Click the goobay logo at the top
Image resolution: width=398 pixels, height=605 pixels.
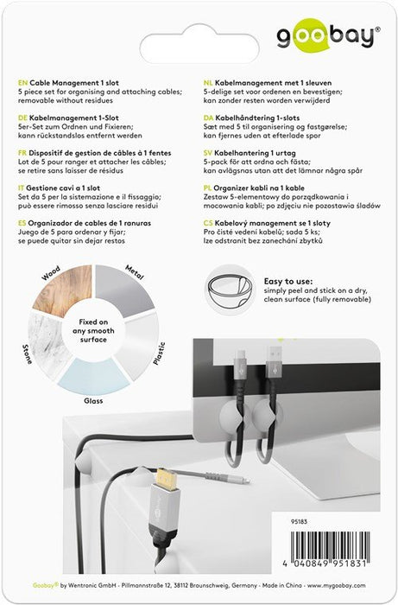click(326, 37)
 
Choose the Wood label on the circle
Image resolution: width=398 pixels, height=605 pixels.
click(51, 279)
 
